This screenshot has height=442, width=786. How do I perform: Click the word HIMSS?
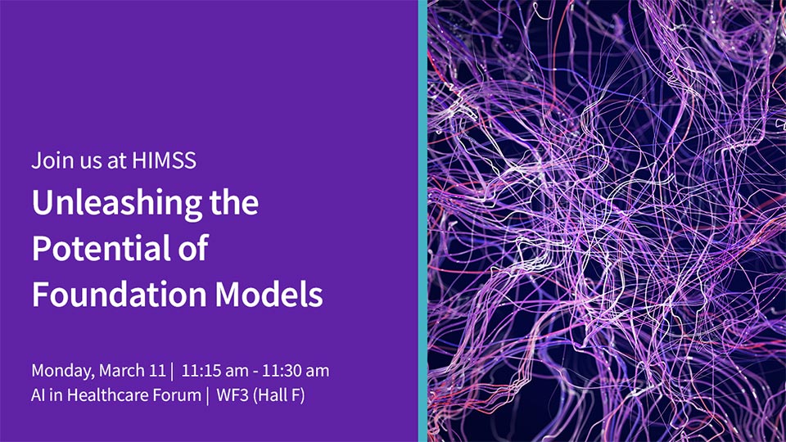(x=164, y=160)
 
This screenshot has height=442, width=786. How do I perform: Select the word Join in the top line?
(x=45, y=160)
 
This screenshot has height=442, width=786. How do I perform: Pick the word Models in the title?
(x=269, y=294)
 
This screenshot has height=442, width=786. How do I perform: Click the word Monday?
(x=63, y=372)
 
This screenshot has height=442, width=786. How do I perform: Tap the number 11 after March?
(x=157, y=371)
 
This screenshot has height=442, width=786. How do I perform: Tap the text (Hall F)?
(x=279, y=395)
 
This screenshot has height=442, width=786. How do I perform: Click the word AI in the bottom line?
(x=38, y=395)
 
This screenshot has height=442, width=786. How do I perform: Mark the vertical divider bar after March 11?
(x=173, y=372)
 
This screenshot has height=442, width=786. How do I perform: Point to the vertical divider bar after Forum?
(x=207, y=395)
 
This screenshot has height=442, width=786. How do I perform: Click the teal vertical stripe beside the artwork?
(x=422, y=221)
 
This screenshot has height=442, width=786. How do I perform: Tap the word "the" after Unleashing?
(x=234, y=203)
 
